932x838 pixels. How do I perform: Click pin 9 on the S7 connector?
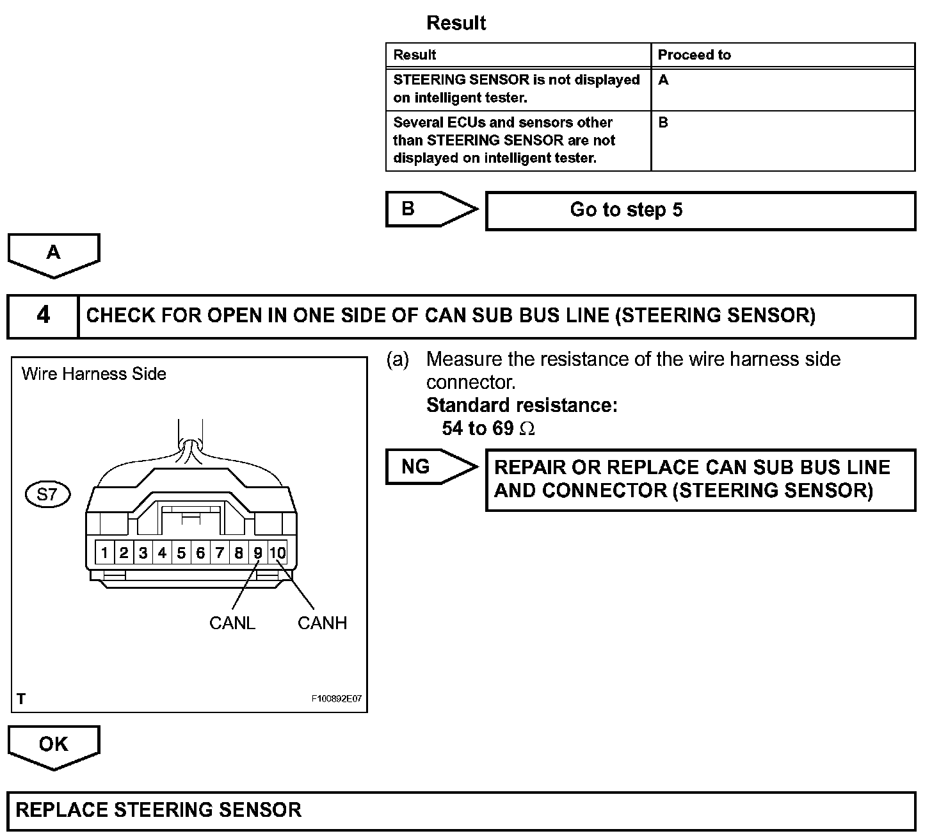(x=258, y=552)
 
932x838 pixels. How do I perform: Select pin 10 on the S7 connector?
(x=277, y=552)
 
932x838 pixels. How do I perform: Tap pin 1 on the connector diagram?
(x=105, y=552)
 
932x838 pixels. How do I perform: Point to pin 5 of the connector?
(x=181, y=552)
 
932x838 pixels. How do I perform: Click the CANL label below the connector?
(x=232, y=623)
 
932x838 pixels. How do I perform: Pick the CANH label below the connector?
(x=322, y=623)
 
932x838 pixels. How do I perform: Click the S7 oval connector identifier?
(x=47, y=495)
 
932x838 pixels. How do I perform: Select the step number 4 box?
(x=43, y=315)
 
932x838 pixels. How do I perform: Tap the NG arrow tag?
(x=430, y=466)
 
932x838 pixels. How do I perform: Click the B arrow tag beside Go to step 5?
(x=430, y=209)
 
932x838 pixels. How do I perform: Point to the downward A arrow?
(x=54, y=254)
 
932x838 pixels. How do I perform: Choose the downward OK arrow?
(x=54, y=746)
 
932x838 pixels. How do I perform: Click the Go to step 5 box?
(x=700, y=210)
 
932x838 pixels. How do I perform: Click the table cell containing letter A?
(x=782, y=89)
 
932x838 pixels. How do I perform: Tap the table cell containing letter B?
(x=782, y=140)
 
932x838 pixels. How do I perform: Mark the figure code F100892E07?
(x=337, y=698)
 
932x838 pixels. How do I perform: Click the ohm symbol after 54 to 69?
(x=527, y=429)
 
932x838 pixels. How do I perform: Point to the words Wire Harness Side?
(x=94, y=374)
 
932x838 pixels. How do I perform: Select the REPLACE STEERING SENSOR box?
(x=461, y=810)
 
